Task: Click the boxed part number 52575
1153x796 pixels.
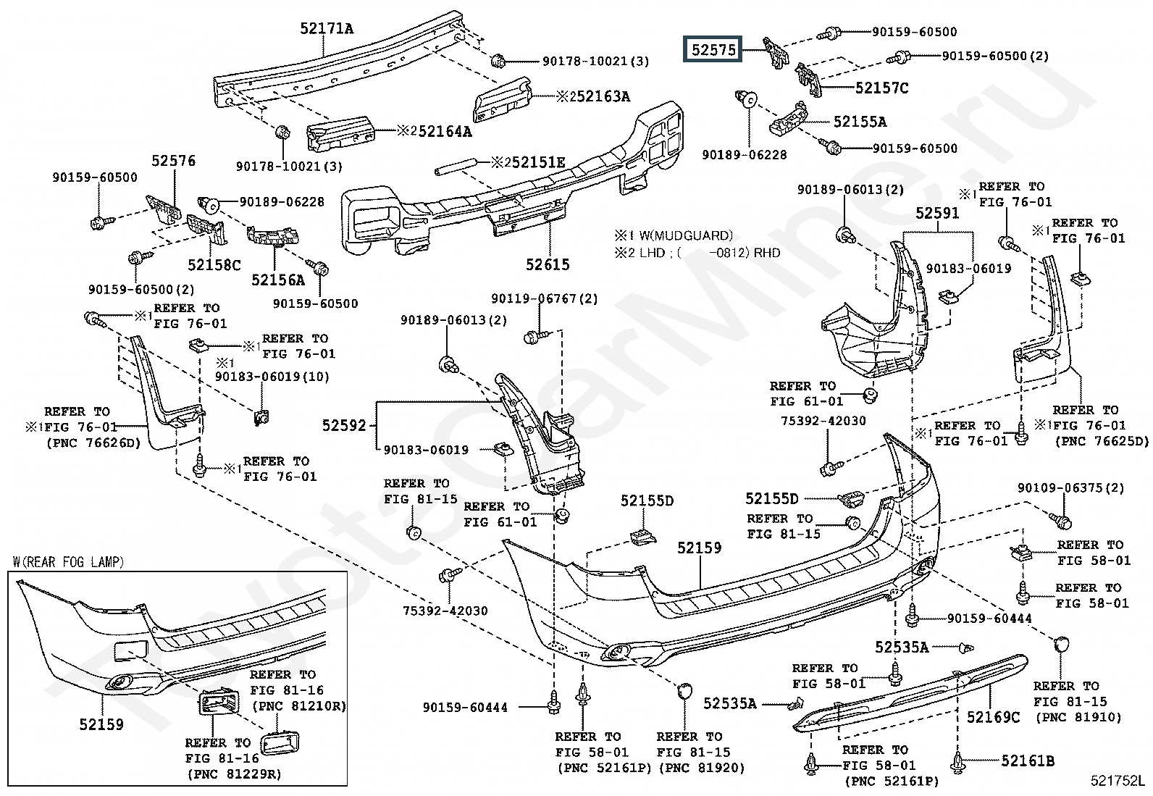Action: click(713, 49)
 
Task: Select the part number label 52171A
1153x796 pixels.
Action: click(327, 29)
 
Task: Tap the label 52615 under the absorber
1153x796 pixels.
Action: click(548, 265)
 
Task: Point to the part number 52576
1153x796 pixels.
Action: click(174, 161)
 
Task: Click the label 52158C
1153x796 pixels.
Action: click(214, 265)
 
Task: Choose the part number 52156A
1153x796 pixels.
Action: click(278, 279)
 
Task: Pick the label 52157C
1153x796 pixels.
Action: click(881, 88)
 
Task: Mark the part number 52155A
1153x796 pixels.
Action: click(860, 122)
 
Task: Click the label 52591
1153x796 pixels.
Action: click(937, 213)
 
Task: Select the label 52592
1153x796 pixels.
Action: click(345, 426)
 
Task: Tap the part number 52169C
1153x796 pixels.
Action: click(993, 717)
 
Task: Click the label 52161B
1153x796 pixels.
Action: click(1028, 761)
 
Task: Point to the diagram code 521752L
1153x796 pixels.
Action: click(1118, 781)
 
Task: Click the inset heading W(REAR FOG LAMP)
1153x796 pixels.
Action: click(69, 561)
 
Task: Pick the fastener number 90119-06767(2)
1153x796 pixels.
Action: click(545, 298)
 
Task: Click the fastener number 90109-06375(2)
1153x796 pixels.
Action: click(1070, 487)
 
